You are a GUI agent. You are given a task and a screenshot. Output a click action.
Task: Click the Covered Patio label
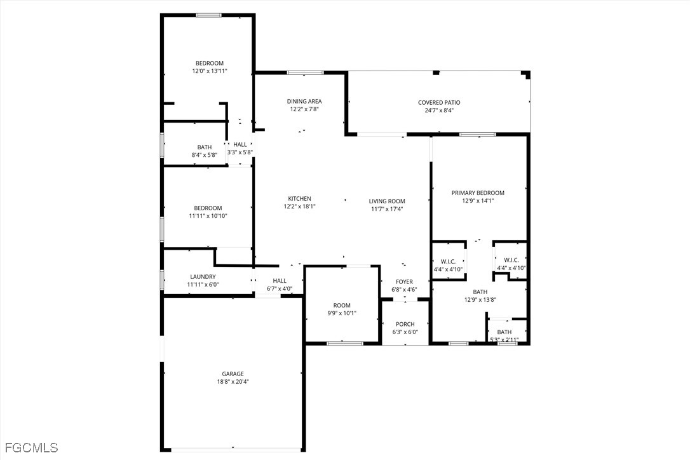pos(439,102)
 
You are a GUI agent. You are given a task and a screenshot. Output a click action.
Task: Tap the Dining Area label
pos(304,101)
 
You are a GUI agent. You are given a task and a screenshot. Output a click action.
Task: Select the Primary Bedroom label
pos(478,193)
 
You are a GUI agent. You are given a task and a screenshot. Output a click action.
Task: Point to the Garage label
pos(233,374)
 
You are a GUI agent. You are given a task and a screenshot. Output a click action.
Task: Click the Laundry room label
pos(203,276)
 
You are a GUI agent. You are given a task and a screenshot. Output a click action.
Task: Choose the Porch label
pos(405,324)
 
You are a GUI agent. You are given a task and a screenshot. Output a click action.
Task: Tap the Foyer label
pos(404,281)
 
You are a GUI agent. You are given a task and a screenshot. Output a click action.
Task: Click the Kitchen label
pos(299,198)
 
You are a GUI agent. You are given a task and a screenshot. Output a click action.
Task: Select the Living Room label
pos(387,201)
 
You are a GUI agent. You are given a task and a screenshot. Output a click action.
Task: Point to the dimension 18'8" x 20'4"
pos(233,382)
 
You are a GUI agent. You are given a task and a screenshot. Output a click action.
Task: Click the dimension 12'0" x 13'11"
pos(210,71)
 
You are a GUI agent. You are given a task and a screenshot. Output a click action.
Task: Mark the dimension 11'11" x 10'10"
pos(208,216)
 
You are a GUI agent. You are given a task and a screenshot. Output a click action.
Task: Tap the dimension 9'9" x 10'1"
pos(342,313)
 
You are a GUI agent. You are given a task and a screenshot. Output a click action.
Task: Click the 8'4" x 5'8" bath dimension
pos(205,154)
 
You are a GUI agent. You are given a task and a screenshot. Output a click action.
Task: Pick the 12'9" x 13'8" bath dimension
pos(480,299)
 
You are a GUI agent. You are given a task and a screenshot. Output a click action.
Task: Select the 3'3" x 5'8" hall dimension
pos(240,152)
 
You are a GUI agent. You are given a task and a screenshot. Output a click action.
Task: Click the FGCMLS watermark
pos(29,448)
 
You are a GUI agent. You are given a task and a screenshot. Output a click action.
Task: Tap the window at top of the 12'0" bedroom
pos(208,15)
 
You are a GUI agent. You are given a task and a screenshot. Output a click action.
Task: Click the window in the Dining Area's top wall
pos(297,73)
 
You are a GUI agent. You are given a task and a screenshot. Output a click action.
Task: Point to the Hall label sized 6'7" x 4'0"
pos(280,280)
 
